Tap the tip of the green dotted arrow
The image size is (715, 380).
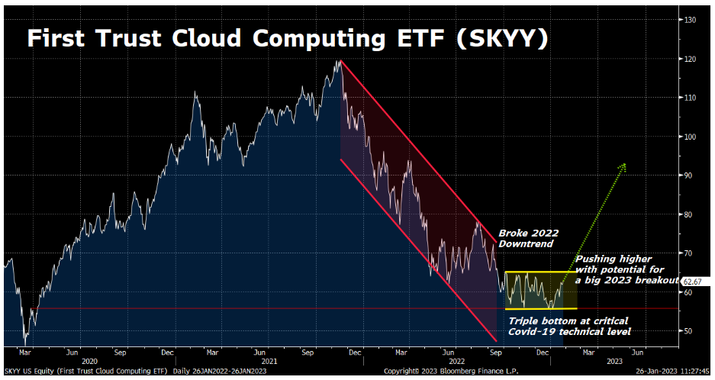click(626, 164)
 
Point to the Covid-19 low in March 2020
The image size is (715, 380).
click(25, 343)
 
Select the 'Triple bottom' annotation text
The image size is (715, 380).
click(569, 326)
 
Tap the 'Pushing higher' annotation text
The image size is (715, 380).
click(625, 269)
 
